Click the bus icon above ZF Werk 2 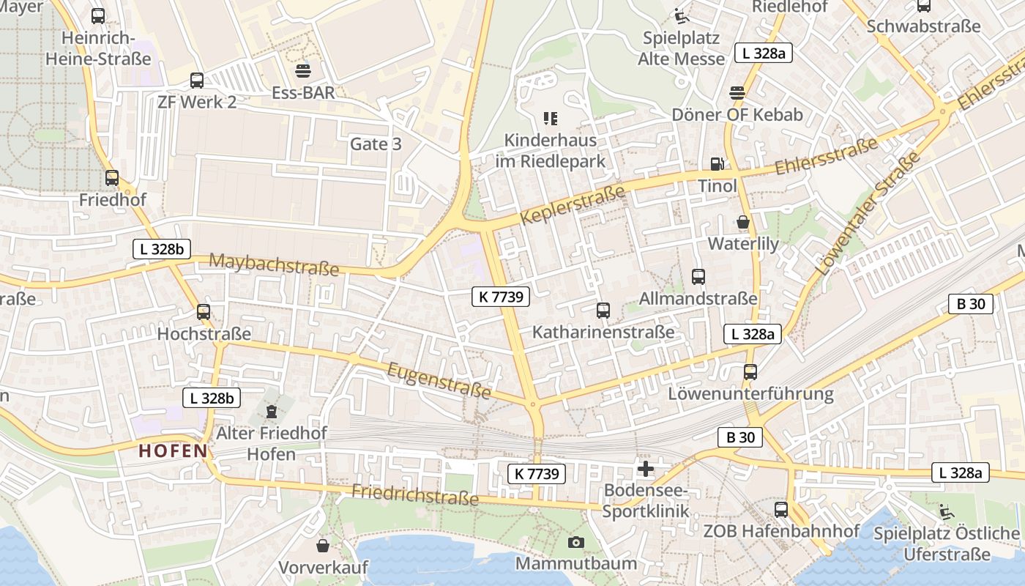tap(196, 81)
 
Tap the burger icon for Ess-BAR tap(303, 71)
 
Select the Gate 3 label tap(376, 144)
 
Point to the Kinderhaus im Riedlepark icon tap(551, 118)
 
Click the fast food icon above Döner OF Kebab tap(737, 93)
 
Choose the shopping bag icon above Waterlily tap(743, 222)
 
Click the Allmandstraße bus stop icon tap(698, 277)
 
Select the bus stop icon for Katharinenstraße tap(603, 311)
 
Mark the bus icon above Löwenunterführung tap(750, 372)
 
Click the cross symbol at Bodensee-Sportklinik tap(646, 469)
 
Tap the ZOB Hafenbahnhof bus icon tap(781, 510)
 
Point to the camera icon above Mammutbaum tap(576, 542)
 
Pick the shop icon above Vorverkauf tap(323, 546)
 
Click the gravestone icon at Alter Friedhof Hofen tap(272, 412)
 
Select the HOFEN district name tap(174, 451)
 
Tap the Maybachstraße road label tap(275, 264)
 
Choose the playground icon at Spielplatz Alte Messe tap(682, 16)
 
